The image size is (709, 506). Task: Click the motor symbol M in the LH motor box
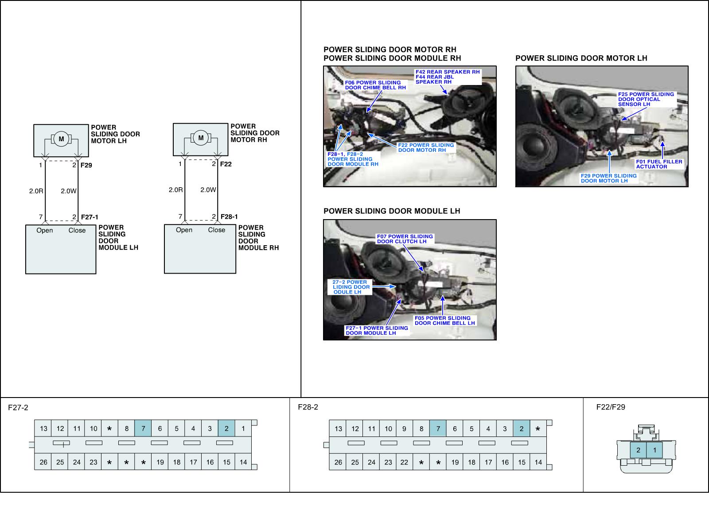pyautogui.click(x=61, y=139)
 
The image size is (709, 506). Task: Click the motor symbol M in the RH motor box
pyautogui.click(x=201, y=138)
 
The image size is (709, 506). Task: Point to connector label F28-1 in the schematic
pyautogui.click(x=229, y=216)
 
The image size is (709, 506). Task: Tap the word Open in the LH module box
pyautogui.click(x=45, y=230)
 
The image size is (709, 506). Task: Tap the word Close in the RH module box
pyautogui.click(x=217, y=230)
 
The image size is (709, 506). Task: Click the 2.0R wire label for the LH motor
pyautogui.click(x=36, y=191)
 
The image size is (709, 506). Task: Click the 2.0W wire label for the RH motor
pyautogui.click(x=208, y=190)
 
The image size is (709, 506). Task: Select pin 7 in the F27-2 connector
pyautogui.click(x=143, y=429)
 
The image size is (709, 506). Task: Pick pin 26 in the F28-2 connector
pyautogui.click(x=338, y=462)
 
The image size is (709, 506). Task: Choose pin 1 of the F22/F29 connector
pyautogui.click(x=654, y=450)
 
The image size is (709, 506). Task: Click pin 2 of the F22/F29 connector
pyautogui.click(x=639, y=450)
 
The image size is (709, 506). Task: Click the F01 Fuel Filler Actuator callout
pyautogui.click(x=659, y=164)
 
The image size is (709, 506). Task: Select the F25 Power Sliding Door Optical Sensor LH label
pyautogui.click(x=646, y=99)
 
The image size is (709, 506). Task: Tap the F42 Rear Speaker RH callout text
pyautogui.click(x=448, y=72)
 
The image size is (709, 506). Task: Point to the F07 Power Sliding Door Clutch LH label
pyautogui.click(x=405, y=239)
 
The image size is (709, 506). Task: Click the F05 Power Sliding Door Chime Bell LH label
pyautogui.click(x=444, y=321)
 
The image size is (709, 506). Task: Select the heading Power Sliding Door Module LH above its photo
pyautogui.click(x=392, y=211)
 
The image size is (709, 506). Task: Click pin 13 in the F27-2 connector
pyautogui.click(x=43, y=429)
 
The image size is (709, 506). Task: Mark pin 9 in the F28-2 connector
pyautogui.click(x=405, y=429)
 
